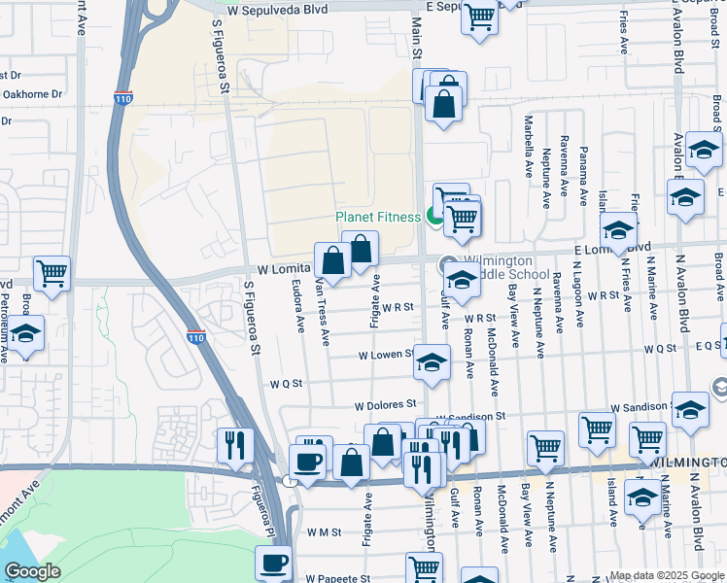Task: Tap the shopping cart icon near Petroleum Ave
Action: point(52,275)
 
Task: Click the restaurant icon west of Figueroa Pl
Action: point(235,445)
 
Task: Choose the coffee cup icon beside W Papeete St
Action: point(275,562)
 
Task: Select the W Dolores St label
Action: point(385,404)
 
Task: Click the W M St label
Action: point(323,532)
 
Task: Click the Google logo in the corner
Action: point(32,571)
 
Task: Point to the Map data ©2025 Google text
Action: point(666,575)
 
